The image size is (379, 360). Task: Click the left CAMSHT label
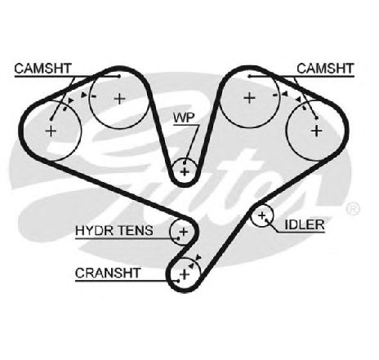(42, 69)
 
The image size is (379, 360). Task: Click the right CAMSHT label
(325, 69)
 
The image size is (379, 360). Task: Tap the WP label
(185, 118)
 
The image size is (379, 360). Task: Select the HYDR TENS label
(114, 230)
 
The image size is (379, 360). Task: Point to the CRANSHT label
(108, 273)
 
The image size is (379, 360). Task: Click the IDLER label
(305, 224)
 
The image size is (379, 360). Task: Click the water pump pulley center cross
(185, 172)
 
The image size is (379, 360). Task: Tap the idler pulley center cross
(261, 216)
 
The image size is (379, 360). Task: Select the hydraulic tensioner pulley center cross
(184, 232)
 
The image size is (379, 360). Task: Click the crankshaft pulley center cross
(185, 274)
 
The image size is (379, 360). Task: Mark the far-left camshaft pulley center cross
(51, 131)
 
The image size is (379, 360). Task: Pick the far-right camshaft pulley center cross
(317, 131)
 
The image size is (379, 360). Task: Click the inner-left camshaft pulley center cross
(119, 99)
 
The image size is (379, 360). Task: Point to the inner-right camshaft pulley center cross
(249, 98)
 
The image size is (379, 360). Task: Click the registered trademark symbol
(353, 209)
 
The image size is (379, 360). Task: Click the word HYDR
(92, 230)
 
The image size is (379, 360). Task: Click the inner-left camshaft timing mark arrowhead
(84, 96)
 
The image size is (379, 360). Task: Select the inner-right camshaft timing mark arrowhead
(285, 94)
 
